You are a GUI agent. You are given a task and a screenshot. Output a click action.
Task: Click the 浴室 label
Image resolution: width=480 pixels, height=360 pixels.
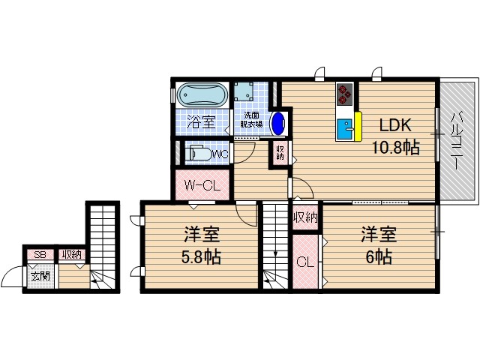tap(201, 120)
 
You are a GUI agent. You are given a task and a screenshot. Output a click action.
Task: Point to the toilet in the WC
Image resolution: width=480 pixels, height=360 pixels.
tap(202, 154)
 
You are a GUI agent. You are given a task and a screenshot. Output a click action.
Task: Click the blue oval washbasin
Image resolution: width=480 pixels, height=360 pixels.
tap(277, 122)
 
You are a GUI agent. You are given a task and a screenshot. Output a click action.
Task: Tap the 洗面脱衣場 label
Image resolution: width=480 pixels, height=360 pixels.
tap(251, 120)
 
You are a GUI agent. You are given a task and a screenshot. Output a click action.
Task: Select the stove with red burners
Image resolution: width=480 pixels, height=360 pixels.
tap(345, 93)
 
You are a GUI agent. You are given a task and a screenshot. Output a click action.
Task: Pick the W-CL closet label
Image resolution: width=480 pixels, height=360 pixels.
tap(199, 184)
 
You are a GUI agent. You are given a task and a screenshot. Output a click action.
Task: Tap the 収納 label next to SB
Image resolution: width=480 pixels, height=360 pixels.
tap(72, 255)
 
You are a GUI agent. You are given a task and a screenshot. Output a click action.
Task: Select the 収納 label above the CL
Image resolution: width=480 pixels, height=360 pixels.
tap(304, 217)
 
